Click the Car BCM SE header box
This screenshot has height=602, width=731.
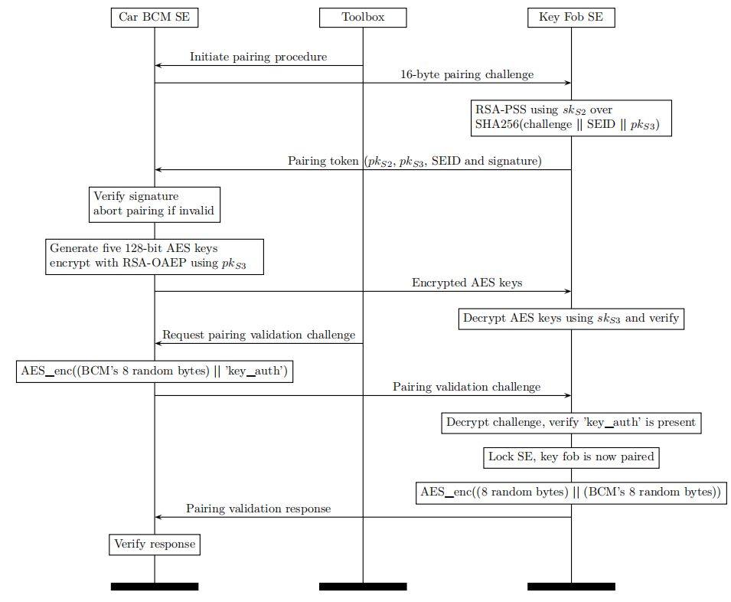point(155,18)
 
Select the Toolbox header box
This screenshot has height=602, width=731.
point(363,18)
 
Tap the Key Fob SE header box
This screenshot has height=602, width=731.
point(571,18)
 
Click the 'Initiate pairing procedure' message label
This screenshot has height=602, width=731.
point(258,57)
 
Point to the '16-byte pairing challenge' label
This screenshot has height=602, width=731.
point(467,74)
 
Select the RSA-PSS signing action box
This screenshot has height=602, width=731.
point(571,118)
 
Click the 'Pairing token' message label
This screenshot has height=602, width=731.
point(414,162)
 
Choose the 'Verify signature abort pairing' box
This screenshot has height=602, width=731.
point(155,204)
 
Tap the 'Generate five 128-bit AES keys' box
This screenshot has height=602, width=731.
point(155,257)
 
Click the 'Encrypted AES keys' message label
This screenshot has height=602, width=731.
point(467,283)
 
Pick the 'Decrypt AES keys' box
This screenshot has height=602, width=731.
point(571,319)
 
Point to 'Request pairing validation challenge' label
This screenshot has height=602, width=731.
point(259,335)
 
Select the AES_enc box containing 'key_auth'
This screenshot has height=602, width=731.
point(155,371)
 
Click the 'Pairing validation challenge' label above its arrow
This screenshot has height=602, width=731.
point(467,387)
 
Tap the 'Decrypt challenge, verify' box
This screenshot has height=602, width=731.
point(571,423)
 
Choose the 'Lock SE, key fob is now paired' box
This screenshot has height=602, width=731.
point(571,457)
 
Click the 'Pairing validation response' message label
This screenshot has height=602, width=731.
point(258,509)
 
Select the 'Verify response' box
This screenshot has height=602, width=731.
point(155,545)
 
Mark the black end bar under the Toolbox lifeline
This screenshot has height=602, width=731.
point(363,587)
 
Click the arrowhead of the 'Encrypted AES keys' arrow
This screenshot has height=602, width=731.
point(568,292)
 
